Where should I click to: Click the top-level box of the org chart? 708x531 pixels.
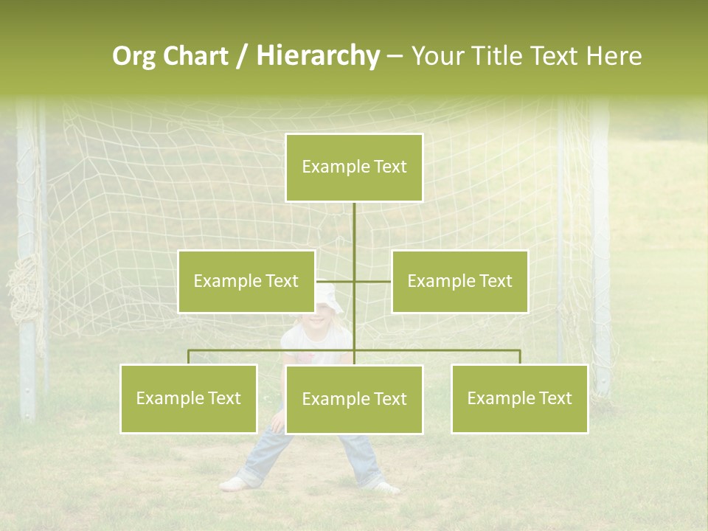pyautogui.click(x=354, y=167)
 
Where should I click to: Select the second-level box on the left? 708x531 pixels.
pyautogui.click(x=246, y=281)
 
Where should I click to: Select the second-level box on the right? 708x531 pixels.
pyautogui.click(x=459, y=281)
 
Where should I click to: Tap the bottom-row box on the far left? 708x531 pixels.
pyautogui.click(x=189, y=398)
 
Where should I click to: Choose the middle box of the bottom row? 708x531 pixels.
pyautogui.click(x=354, y=399)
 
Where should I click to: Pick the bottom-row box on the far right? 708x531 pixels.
pyautogui.click(x=519, y=398)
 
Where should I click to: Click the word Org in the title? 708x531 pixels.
pyautogui.click(x=133, y=56)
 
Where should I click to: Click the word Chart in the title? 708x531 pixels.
pyautogui.click(x=195, y=56)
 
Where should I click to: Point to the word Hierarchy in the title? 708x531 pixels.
pyautogui.click(x=317, y=56)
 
